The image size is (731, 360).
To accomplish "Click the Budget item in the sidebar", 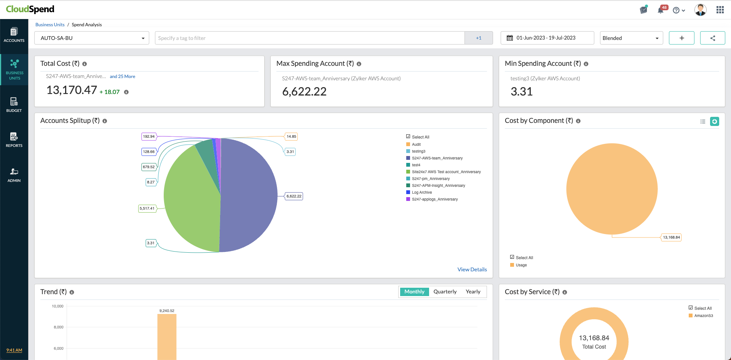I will click(x=14, y=104).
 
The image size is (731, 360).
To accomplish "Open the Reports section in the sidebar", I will click(x=14, y=139).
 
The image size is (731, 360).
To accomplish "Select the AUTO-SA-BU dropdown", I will click(x=92, y=38).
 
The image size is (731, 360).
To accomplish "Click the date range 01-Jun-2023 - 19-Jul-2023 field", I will click(x=547, y=38).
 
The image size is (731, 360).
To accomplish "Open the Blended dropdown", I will click(x=631, y=38).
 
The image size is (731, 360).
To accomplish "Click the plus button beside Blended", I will click(x=682, y=38).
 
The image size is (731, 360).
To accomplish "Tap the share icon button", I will click(x=712, y=38).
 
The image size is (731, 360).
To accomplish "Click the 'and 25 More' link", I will click(x=122, y=76).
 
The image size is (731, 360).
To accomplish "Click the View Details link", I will click(x=472, y=269).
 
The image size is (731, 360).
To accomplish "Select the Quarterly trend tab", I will click(x=445, y=292).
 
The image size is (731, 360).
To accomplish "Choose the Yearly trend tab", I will click(x=473, y=292).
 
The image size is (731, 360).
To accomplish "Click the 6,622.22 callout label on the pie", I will click(x=294, y=196).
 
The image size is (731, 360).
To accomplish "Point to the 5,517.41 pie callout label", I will click(x=147, y=209).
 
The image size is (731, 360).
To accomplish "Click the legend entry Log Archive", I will click(x=421, y=193).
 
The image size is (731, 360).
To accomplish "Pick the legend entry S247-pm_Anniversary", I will click(x=430, y=179).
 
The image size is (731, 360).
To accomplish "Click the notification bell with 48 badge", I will click(x=661, y=10).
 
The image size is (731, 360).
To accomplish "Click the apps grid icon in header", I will click(x=720, y=10).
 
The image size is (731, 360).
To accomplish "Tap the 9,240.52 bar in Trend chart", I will click(x=167, y=337).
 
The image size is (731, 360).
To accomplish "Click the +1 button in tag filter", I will click(x=479, y=38).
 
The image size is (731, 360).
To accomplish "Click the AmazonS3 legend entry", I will click(x=703, y=316).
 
